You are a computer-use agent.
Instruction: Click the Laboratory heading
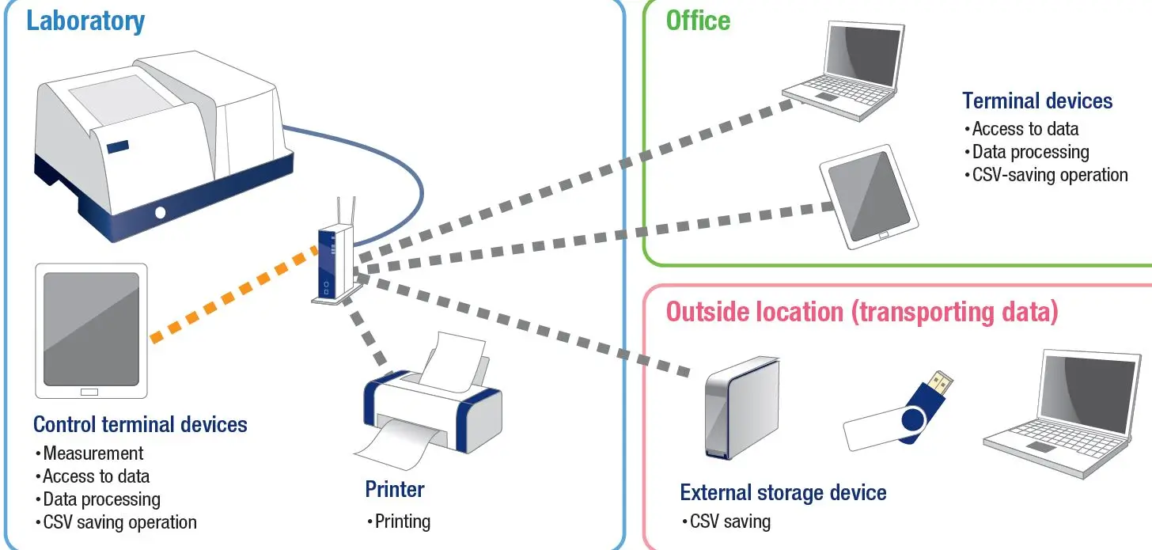85,21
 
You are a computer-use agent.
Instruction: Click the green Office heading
698,21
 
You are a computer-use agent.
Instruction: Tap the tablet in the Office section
869,194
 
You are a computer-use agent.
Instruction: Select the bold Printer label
395,489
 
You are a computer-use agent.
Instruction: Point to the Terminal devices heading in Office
1037,101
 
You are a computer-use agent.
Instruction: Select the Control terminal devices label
140,424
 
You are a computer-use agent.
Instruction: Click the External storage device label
783,493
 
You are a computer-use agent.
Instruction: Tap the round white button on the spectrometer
161,212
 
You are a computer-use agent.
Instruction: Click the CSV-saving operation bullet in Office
1049,175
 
